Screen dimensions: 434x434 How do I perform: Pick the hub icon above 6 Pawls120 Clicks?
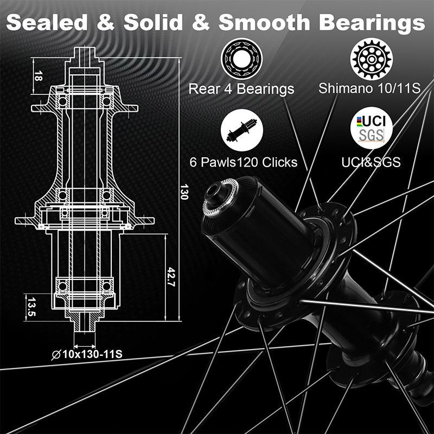[241, 130]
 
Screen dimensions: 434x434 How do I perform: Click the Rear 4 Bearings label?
[241, 88]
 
